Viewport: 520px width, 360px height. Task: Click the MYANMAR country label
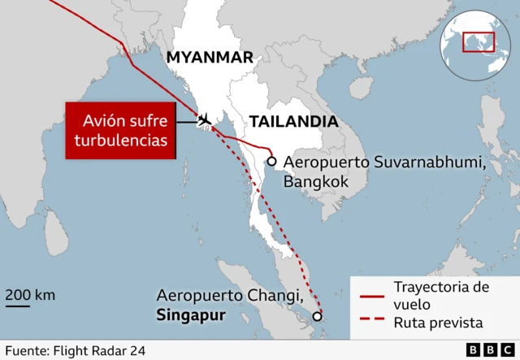(210, 57)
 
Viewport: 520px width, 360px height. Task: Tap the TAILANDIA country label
(293, 122)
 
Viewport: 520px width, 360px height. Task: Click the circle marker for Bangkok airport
(271, 161)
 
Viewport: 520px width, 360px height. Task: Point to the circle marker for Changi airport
(317, 316)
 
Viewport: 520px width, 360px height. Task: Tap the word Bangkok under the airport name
(315, 182)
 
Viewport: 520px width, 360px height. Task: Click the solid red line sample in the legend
(371, 297)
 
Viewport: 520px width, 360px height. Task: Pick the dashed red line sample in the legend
(371, 323)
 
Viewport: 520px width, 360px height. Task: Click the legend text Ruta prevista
(438, 323)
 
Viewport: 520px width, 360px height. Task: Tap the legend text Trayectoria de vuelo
(441, 296)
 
